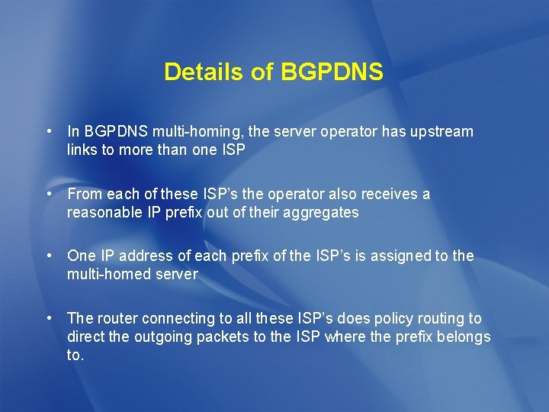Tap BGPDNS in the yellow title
[332, 72]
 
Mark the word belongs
[464, 336]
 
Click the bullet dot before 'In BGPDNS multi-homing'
[48, 131]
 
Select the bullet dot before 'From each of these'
[48, 194]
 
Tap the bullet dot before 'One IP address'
[48, 255]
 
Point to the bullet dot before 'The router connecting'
[48, 317]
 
